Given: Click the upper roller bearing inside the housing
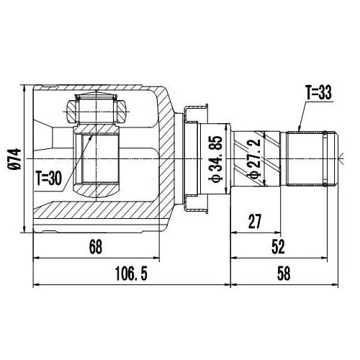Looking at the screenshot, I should click(x=96, y=110).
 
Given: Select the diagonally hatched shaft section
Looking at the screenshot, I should click(x=269, y=156).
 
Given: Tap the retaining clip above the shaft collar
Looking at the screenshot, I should click(x=197, y=110).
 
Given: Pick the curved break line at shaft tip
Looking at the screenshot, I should click(x=338, y=156).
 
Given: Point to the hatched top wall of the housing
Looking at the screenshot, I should click(x=101, y=90).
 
